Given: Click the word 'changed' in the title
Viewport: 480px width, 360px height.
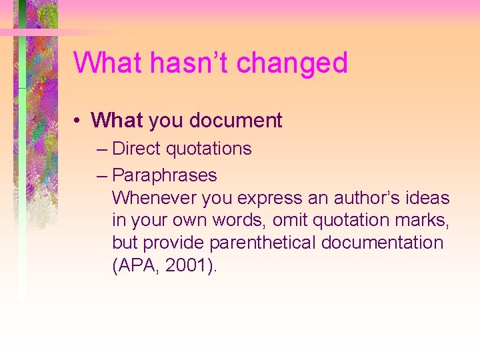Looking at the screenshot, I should [x=292, y=63].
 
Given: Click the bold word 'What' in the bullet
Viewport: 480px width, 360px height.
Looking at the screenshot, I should [x=117, y=121].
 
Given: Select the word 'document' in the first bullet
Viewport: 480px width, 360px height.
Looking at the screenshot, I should [x=236, y=121].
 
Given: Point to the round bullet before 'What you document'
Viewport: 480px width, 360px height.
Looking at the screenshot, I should [x=78, y=121].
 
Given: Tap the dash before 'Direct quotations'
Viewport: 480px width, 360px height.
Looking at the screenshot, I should [x=101, y=149].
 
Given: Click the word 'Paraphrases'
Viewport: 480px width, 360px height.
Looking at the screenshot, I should [x=165, y=175].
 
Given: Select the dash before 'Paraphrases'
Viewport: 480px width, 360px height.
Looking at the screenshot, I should [x=101, y=176].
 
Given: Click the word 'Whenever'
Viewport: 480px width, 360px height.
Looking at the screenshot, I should [x=152, y=198].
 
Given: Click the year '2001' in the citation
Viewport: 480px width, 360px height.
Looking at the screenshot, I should [x=185, y=266].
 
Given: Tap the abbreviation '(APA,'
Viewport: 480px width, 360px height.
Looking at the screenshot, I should [x=135, y=266].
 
